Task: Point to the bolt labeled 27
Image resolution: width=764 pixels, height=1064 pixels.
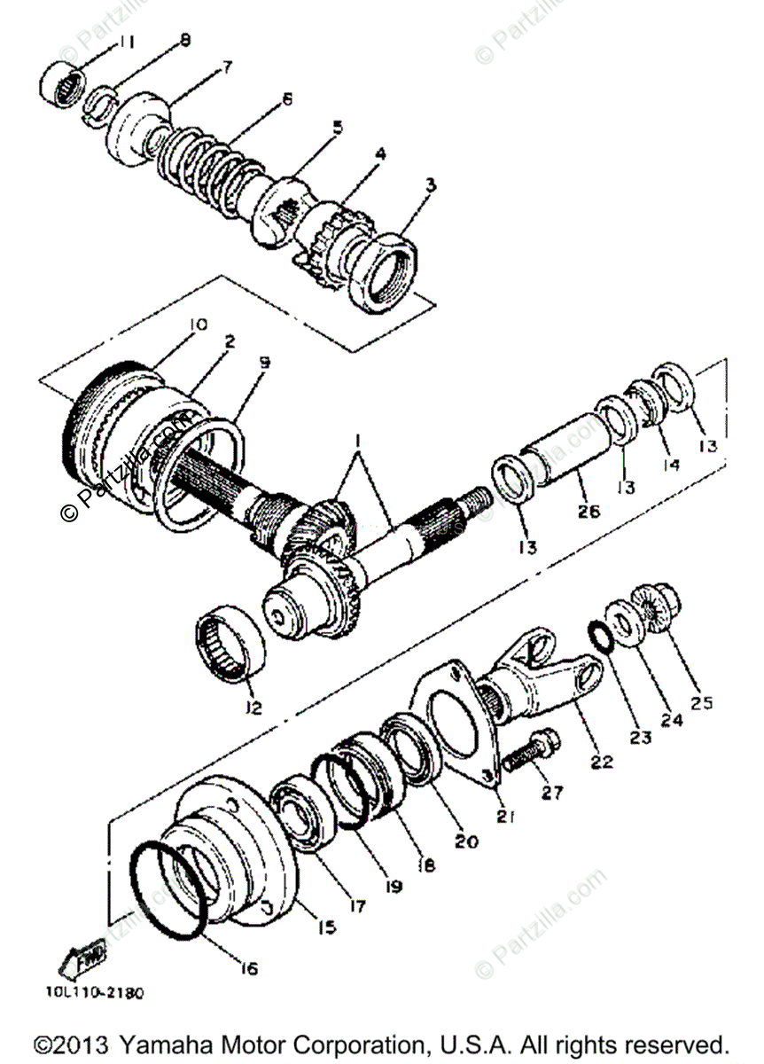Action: point(529,749)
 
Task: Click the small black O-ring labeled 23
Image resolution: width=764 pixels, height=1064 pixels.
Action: point(601,636)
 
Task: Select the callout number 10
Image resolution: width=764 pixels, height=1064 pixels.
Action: point(197,325)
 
